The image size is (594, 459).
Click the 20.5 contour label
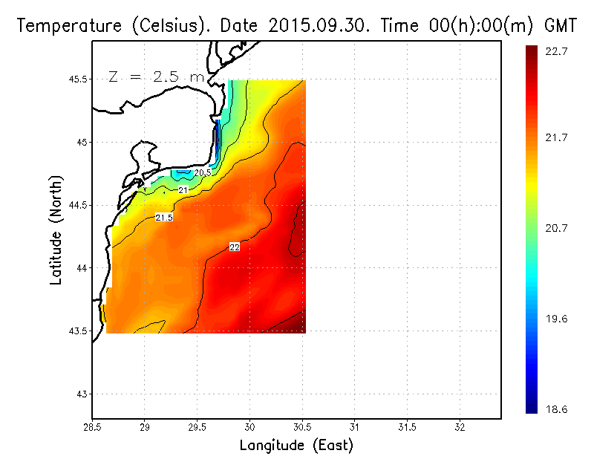point(203,173)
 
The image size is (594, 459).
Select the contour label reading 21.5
point(164,218)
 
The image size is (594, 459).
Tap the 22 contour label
point(235,247)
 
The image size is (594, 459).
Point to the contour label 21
point(183,191)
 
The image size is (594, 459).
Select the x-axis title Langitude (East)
point(296,446)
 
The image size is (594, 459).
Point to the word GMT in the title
point(561,25)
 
